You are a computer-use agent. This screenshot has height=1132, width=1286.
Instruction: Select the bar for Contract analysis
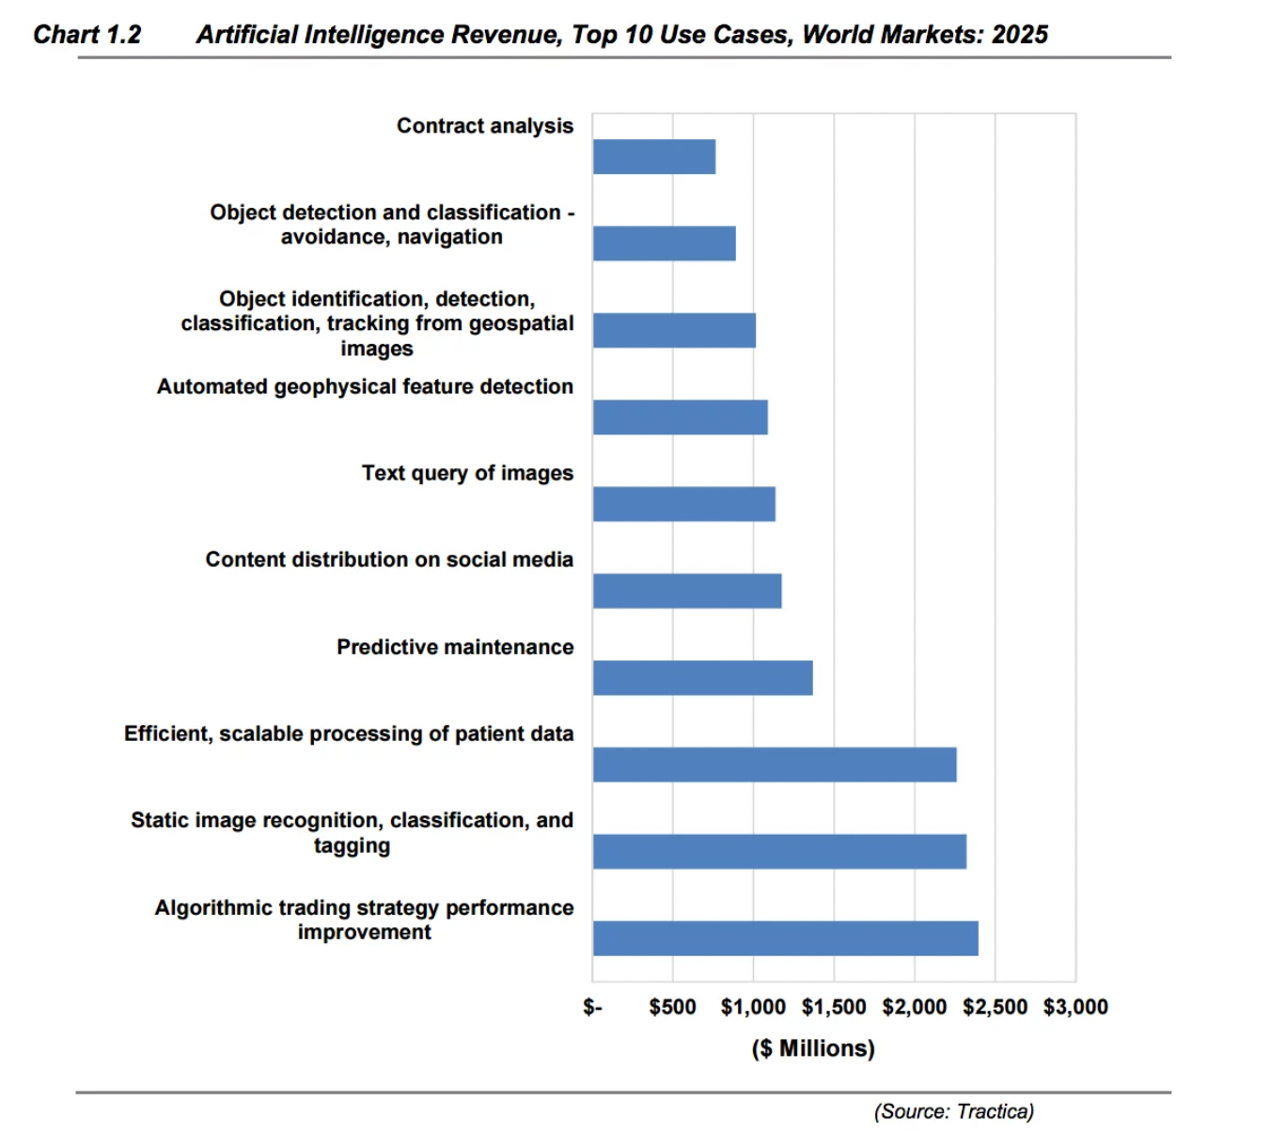click(654, 157)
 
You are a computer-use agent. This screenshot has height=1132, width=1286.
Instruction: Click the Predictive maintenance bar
click(702, 678)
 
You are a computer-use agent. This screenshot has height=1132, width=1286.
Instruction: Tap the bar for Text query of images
click(683, 504)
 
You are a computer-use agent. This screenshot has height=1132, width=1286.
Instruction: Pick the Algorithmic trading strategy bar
click(785, 938)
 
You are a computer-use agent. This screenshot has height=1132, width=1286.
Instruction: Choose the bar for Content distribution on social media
click(687, 591)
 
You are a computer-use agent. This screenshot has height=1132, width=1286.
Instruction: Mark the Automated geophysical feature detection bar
click(680, 417)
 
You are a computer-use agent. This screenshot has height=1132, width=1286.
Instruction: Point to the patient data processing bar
click(775, 764)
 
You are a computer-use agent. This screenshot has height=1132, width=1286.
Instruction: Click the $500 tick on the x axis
click(672, 1007)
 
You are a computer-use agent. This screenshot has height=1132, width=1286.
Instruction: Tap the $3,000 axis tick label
click(1075, 1007)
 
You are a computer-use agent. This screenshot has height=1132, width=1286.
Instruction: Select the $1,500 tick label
click(834, 1007)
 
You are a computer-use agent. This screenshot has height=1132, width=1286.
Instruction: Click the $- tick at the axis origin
click(592, 1007)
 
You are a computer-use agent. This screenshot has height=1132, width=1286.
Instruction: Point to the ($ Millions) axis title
click(813, 1048)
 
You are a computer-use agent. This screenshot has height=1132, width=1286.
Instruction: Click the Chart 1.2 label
click(86, 35)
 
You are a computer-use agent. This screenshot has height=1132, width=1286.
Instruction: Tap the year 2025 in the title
click(1020, 35)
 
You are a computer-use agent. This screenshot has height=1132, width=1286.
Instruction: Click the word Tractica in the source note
click(995, 1111)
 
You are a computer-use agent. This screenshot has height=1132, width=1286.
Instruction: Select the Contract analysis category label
click(484, 126)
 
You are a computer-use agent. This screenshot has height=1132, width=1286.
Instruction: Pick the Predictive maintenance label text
click(455, 647)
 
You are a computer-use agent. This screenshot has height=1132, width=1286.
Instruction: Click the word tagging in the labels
click(352, 845)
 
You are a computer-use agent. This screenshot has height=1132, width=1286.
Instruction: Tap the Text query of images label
click(467, 473)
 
